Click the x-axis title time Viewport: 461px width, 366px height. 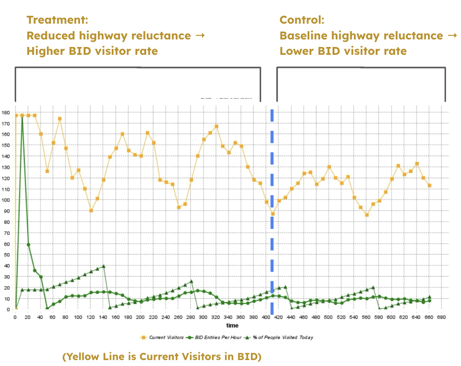[x=232, y=325]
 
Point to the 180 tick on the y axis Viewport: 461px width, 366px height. [x=6, y=112]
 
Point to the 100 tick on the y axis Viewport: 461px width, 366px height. [x=6, y=200]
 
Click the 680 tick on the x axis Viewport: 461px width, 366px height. [x=441, y=317]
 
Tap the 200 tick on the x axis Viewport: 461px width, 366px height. [x=141, y=317]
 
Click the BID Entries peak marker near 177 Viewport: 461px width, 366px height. [x=22, y=116]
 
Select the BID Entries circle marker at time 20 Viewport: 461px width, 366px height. [x=28, y=245]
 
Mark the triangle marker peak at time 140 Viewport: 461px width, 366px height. [x=104, y=266]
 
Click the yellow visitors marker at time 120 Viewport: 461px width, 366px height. [x=91, y=211]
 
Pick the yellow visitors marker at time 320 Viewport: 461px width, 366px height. [x=216, y=127]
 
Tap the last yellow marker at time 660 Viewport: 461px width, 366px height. [x=429, y=185]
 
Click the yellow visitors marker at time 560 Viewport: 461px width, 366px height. [x=367, y=215]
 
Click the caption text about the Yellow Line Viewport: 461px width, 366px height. [x=162, y=357]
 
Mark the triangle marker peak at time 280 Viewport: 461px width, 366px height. [x=191, y=282]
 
